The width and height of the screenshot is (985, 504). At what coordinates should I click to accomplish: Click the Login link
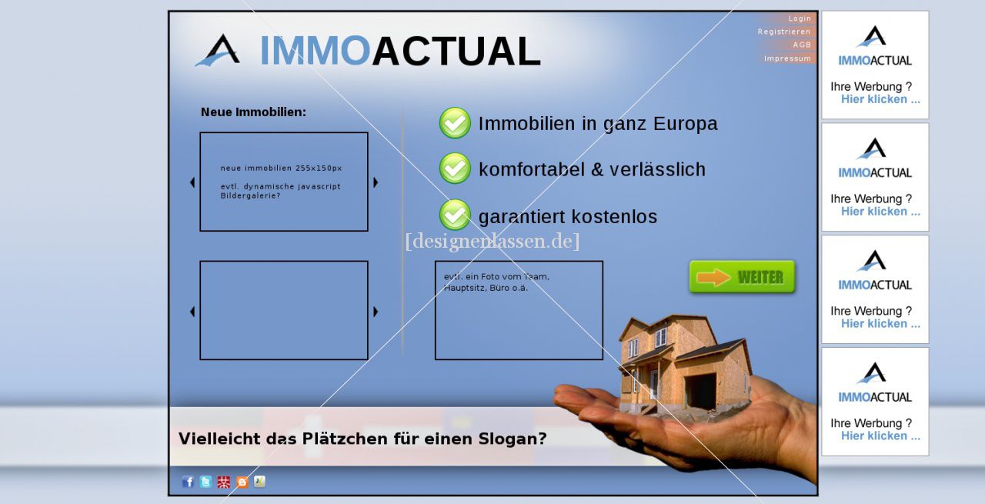click(799, 18)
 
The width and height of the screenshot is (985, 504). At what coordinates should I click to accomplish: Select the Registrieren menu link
click(783, 32)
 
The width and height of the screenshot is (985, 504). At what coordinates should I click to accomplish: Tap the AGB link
click(802, 45)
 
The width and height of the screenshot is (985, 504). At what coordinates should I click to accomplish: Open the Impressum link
click(787, 58)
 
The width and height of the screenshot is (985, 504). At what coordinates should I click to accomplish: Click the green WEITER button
click(743, 277)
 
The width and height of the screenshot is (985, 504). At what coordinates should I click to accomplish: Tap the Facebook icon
click(188, 482)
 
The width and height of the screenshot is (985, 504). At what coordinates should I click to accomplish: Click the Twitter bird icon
click(205, 482)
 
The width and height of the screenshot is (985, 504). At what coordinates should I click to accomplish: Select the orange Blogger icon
click(242, 482)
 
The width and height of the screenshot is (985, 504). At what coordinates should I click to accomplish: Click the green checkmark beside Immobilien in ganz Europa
click(455, 122)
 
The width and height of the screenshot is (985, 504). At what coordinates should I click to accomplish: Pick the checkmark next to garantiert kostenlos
click(455, 215)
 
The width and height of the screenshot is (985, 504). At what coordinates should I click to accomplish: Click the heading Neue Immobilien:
click(253, 112)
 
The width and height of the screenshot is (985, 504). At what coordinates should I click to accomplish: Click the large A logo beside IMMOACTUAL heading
click(219, 50)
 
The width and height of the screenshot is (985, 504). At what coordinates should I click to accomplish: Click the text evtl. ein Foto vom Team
click(496, 277)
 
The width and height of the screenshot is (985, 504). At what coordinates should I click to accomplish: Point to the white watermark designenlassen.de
click(492, 241)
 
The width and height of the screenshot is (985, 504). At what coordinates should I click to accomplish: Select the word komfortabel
click(532, 169)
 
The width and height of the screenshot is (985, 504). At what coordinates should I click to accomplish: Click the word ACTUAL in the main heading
click(456, 51)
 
